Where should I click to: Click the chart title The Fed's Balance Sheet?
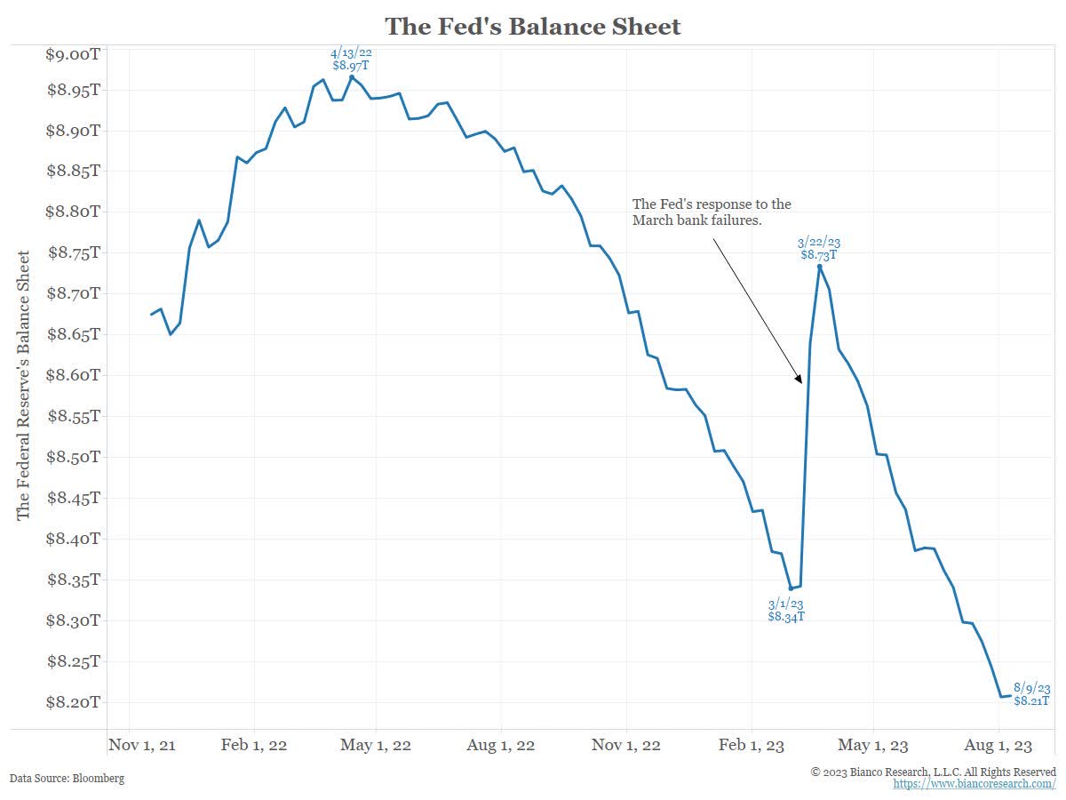[x=533, y=27]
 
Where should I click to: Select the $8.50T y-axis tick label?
[x=72, y=457]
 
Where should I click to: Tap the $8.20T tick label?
[x=72, y=702]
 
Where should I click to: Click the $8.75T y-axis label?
[x=72, y=252]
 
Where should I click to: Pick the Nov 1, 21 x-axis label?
[x=142, y=745]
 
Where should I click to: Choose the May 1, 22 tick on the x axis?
[x=376, y=745]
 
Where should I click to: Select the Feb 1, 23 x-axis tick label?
[x=752, y=745]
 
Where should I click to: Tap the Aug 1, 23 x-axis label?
[x=998, y=745]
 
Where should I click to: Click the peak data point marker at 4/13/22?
[x=352, y=77]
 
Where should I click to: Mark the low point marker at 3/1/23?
[x=791, y=588]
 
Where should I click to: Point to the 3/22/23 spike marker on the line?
[x=819, y=266]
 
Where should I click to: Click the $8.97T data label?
[x=351, y=65]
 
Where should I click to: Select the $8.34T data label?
[x=786, y=616]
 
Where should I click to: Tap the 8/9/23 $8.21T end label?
[x=1032, y=695]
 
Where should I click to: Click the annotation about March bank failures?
[x=711, y=212]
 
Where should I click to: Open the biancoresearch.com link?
[x=975, y=785]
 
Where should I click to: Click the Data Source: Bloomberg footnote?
[x=68, y=778]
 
